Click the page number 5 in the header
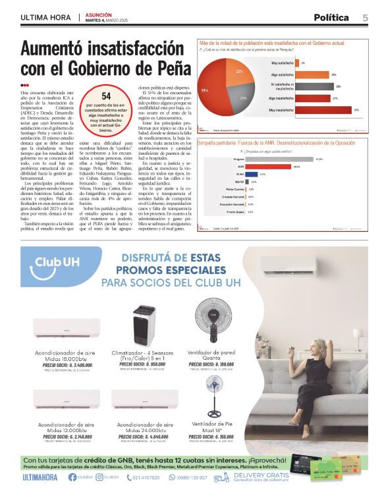click(x=364, y=17)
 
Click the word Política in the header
click(x=331, y=17)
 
